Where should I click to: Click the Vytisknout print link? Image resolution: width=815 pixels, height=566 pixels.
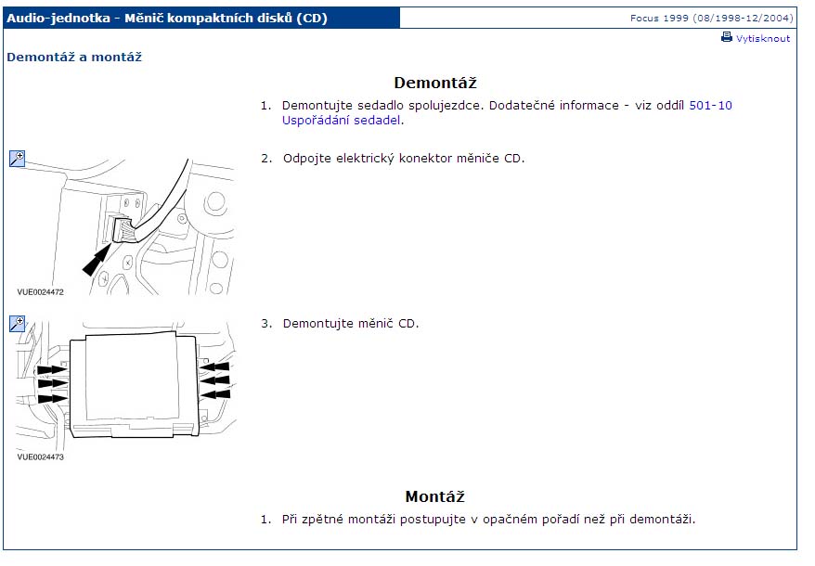tap(762, 38)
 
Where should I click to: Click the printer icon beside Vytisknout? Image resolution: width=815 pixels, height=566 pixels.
tap(726, 37)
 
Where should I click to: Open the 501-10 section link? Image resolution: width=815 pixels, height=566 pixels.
tap(710, 106)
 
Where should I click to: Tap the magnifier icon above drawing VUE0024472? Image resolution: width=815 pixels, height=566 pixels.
tap(17, 158)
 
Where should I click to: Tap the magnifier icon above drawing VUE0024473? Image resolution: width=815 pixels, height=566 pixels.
tap(17, 323)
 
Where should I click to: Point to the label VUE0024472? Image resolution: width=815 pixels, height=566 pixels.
tap(40, 292)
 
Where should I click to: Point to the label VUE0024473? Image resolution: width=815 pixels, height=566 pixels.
tap(40, 457)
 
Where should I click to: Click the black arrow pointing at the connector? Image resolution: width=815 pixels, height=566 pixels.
tap(97, 260)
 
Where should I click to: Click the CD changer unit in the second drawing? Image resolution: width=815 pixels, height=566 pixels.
tap(134, 385)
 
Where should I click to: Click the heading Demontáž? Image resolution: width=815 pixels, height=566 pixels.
tap(435, 83)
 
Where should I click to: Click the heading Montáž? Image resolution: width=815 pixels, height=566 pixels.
tap(434, 496)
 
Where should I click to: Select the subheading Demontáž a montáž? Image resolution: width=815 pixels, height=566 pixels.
tap(74, 58)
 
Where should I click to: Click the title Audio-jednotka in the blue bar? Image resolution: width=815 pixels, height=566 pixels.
tap(58, 19)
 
